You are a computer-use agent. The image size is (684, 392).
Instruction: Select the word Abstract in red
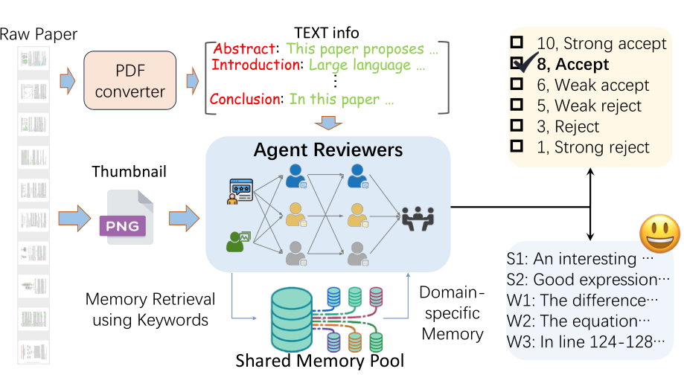click(x=244, y=49)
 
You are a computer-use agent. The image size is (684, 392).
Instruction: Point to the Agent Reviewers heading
click(x=327, y=150)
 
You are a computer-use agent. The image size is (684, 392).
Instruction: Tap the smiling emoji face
click(x=659, y=234)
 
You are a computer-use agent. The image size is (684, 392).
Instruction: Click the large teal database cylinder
click(x=292, y=318)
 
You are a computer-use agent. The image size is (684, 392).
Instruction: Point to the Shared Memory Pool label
click(x=319, y=362)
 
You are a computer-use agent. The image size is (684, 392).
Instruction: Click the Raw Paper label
click(x=39, y=34)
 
